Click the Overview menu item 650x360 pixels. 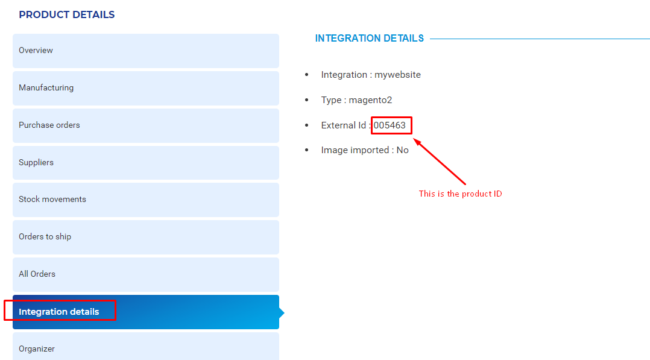coord(146,51)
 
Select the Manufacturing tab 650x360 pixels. coord(146,88)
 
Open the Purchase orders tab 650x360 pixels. coord(146,125)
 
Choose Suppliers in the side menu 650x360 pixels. coord(146,163)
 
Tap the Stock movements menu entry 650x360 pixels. coord(146,200)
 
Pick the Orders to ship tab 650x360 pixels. coord(146,237)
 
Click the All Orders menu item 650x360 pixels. coord(146,274)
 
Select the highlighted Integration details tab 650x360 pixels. coord(146,312)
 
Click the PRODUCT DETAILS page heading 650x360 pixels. coord(67,14)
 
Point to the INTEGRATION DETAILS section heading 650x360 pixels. coord(370,38)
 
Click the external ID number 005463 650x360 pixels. coord(390,125)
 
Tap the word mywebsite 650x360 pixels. coord(397,75)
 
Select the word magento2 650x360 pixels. coord(370,100)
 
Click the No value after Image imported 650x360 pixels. coord(403,150)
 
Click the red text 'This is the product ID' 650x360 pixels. coord(460,194)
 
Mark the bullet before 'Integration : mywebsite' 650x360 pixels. coord(307,75)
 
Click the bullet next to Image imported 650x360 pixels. coord(307,150)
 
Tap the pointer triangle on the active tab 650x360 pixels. coord(282,312)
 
